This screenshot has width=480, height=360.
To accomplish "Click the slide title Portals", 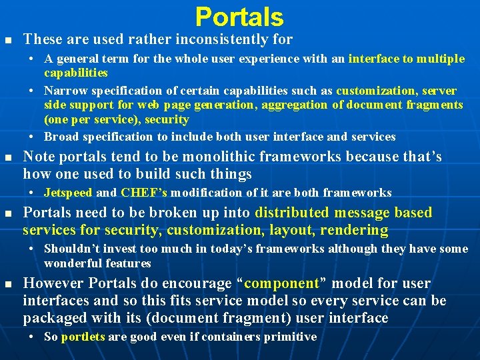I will (239, 17).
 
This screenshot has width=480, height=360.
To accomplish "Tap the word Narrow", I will (64, 91).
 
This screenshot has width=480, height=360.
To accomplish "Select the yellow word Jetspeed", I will (68, 193).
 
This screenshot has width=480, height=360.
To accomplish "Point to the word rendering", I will (354, 230).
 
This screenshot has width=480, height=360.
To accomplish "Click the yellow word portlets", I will (83, 337).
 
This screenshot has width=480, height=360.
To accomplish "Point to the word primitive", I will (289, 337).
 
